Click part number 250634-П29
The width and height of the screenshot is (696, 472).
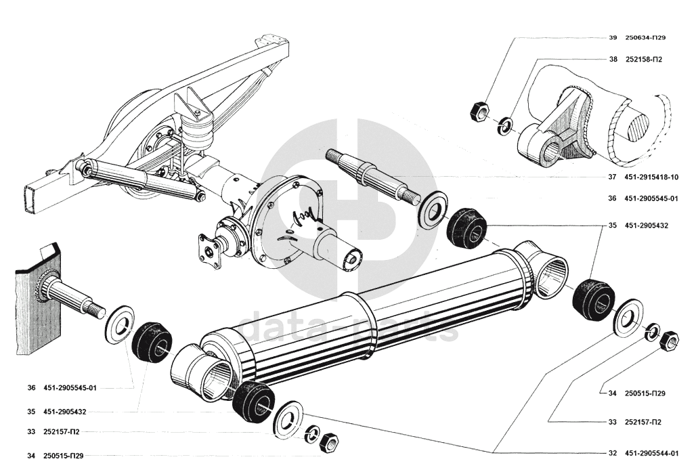coord(646,37)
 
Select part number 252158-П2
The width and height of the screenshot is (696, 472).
coord(643,60)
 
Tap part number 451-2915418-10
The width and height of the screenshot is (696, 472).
coord(651,177)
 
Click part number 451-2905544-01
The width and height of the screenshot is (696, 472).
coord(652,453)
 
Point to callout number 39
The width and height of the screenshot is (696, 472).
coord(613,37)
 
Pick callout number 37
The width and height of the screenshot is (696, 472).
coord(612,177)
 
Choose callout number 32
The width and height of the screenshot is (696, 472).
coord(612,453)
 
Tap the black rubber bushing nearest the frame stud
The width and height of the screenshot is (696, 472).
coord(153,343)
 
